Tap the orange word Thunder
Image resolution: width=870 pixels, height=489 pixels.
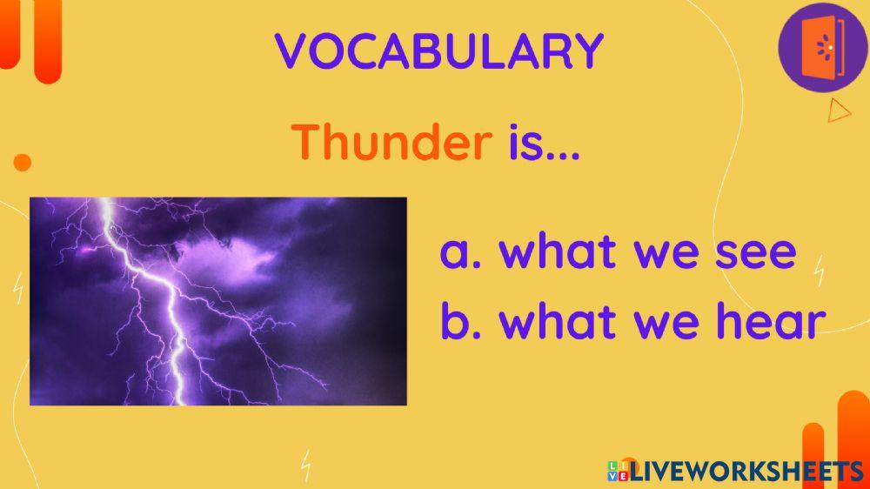[x=391, y=142]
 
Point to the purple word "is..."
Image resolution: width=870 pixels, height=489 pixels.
[x=544, y=142]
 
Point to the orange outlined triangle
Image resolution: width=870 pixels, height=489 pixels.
[x=838, y=111]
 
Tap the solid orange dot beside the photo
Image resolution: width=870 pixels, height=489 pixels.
[x=23, y=162]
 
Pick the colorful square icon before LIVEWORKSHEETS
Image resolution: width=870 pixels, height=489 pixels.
[x=618, y=472]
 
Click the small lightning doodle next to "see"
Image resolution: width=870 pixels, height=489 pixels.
[x=819, y=272]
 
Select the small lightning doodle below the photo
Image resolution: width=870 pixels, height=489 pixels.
[x=305, y=466]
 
